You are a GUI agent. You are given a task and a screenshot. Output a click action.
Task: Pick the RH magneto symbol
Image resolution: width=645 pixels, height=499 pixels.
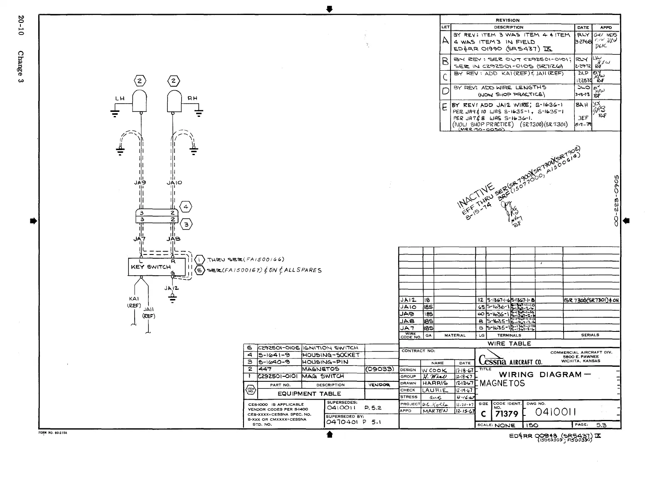[x=175, y=101]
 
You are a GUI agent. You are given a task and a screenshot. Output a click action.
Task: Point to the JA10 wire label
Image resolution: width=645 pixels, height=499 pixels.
[x=174, y=183]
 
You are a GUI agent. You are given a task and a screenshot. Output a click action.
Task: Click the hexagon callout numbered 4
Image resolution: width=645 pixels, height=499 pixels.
[x=186, y=207]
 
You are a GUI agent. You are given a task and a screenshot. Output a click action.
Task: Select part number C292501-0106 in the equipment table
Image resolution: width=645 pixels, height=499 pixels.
[x=279, y=348]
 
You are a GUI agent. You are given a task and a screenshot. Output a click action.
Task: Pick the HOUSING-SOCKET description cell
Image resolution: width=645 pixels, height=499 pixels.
[x=331, y=355]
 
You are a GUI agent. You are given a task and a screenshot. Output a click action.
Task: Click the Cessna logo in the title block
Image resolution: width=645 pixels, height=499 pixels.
[x=493, y=360]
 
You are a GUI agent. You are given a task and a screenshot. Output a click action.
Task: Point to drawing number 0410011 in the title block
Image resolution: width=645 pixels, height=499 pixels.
[x=556, y=412]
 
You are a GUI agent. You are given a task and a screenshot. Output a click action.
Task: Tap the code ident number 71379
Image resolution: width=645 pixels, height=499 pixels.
[x=507, y=414]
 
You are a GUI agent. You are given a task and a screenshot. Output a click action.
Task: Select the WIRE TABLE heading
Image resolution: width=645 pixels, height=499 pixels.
[x=509, y=343]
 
